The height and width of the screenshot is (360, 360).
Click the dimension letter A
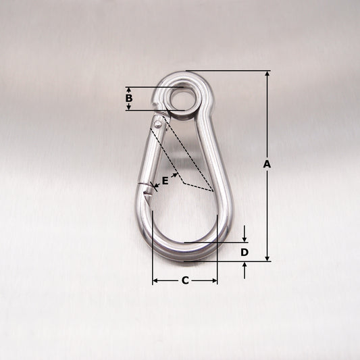pyautogui.click(x=267, y=164)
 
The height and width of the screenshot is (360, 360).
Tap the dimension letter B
pyautogui.click(x=129, y=98)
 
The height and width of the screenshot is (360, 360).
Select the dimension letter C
pyautogui.click(x=185, y=280)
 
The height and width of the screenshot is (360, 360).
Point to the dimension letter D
pyautogui.click(x=245, y=253)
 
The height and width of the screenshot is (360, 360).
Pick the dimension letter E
pyautogui.click(x=165, y=181)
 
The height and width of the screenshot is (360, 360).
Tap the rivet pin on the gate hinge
pyautogui.click(x=158, y=124)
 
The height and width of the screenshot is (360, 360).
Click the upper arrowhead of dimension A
pyautogui.click(x=267, y=74)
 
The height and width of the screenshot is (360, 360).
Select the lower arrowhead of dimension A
pyautogui.click(x=267, y=258)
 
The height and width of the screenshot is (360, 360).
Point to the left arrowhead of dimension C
pyautogui.click(x=155, y=280)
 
